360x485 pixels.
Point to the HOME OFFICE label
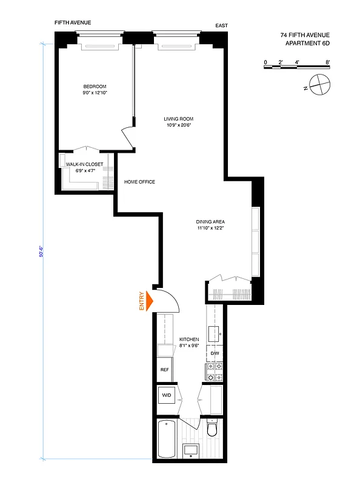[x=139, y=182]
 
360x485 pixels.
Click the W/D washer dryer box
[x=166, y=396]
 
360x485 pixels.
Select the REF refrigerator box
[x=164, y=369]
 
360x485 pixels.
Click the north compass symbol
[x=319, y=84]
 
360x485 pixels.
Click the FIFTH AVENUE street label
[x=73, y=22]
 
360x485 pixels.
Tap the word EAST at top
[x=222, y=26]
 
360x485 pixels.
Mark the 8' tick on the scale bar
[x=327, y=62]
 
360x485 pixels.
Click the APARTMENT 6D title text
[x=307, y=44]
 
